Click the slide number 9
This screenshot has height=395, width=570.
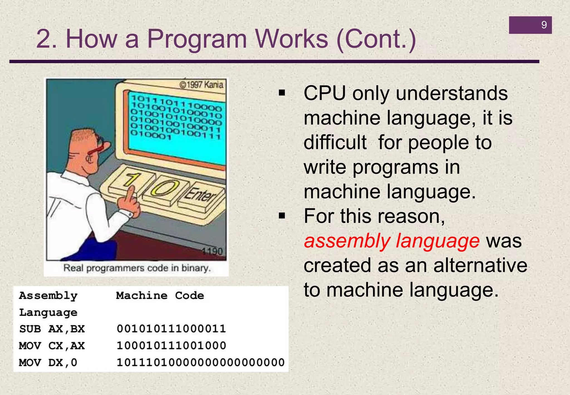[544, 25]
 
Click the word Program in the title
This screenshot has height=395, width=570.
[196, 39]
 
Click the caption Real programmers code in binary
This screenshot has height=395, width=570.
[137, 268]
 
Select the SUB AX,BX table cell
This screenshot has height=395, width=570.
[52, 329]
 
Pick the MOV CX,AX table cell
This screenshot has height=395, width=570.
[52, 346]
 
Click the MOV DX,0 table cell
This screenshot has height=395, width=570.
[48, 362]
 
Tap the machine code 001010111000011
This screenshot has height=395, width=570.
[171, 329]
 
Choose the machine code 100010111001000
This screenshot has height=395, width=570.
[171, 346]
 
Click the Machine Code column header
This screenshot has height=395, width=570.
[160, 296]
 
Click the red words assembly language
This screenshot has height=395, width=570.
[392, 241]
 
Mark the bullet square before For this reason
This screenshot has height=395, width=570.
[282, 216]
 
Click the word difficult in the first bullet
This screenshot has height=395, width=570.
[335, 142]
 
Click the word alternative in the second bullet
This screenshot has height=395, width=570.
[480, 265]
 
